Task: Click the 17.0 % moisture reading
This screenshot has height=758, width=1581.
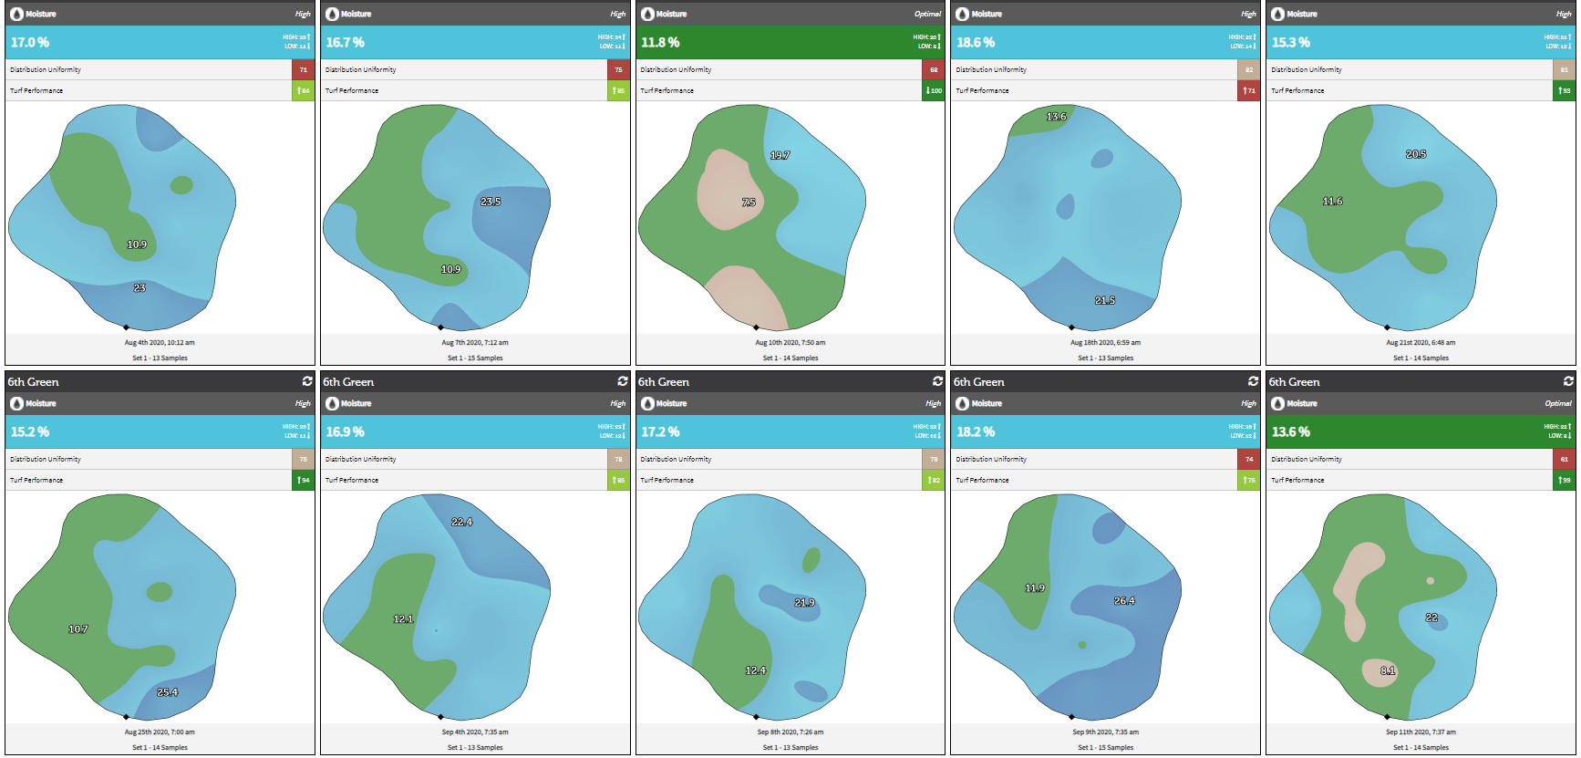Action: pos(30,43)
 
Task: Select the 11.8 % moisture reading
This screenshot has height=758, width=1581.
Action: pos(660,43)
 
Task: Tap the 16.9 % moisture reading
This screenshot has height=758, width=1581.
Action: pos(346,432)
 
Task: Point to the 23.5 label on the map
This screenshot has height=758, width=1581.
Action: pos(491,202)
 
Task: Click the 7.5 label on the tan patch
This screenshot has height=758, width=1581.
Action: pos(749,202)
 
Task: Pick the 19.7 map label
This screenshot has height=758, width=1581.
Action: pos(780,155)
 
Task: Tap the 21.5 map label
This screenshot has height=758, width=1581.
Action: pos(1104,300)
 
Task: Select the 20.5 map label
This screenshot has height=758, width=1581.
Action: pos(1415,154)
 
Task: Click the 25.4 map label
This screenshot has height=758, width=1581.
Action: pos(167,692)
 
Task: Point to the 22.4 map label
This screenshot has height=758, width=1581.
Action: pos(461,522)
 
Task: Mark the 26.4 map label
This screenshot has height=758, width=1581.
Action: pos(1123,601)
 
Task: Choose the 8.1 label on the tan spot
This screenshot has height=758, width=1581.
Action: pos(1387,670)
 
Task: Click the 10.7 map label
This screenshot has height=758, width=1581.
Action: pos(77,629)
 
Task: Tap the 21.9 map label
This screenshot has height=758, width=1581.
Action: pos(803,603)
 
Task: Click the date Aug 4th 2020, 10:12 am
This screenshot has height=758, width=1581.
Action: pos(160,343)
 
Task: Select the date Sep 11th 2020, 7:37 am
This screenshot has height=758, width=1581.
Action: pos(1421,732)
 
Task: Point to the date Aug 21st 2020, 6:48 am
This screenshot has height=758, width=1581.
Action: pos(1421,343)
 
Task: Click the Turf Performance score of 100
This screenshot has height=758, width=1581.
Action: pos(934,90)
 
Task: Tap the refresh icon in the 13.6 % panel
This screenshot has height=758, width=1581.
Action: pos(1568,381)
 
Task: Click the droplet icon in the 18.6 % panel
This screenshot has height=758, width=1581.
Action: pos(962,14)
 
